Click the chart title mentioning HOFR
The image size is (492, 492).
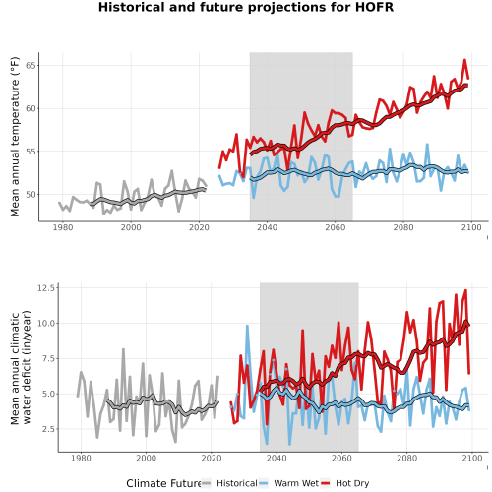246,7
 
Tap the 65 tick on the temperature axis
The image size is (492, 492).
31,66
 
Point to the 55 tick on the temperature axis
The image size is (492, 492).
31,152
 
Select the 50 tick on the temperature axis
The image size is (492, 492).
31,195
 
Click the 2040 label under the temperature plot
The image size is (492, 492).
267,227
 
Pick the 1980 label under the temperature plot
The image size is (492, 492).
63,227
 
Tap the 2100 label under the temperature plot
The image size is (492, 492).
471,227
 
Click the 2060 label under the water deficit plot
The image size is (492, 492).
341,458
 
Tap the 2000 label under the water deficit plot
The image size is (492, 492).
146,458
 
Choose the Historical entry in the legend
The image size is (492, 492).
237,483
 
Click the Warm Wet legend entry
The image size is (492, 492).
296,483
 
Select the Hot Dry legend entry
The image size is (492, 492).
352,483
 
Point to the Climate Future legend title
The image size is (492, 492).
164,483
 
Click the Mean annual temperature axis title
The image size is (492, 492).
15,137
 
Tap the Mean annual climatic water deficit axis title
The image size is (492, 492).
21,367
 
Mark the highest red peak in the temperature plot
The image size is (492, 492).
464,60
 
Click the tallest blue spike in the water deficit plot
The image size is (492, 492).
247,326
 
